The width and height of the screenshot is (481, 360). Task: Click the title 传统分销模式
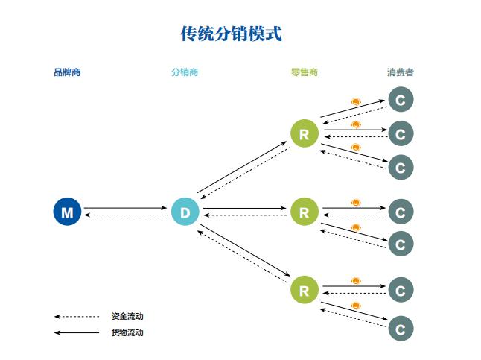click(x=232, y=34)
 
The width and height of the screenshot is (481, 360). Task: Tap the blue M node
click(x=67, y=212)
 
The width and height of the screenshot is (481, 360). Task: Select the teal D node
click(x=185, y=212)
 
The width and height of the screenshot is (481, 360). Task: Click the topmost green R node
click(x=304, y=134)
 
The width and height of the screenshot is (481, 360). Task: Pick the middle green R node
click(x=304, y=212)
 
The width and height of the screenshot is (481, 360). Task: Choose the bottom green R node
click(x=304, y=290)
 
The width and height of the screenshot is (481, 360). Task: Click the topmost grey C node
click(x=401, y=99)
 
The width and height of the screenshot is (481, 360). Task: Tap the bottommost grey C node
click(x=401, y=328)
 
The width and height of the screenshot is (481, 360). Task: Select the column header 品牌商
click(x=67, y=73)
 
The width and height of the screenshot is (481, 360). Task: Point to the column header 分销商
click(x=185, y=73)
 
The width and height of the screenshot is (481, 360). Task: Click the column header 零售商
click(x=304, y=73)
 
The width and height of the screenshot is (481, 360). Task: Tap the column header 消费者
click(x=401, y=73)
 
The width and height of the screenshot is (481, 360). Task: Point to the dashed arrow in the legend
click(x=77, y=316)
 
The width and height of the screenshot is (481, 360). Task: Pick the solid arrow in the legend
click(x=77, y=332)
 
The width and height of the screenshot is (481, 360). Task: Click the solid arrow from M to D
click(x=125, y=209)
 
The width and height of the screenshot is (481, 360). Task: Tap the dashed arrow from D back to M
click(x=125, y=215)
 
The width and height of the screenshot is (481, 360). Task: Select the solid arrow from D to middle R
click(x=246, y=209)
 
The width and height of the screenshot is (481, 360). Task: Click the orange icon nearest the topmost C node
click(x=356, y=101)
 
